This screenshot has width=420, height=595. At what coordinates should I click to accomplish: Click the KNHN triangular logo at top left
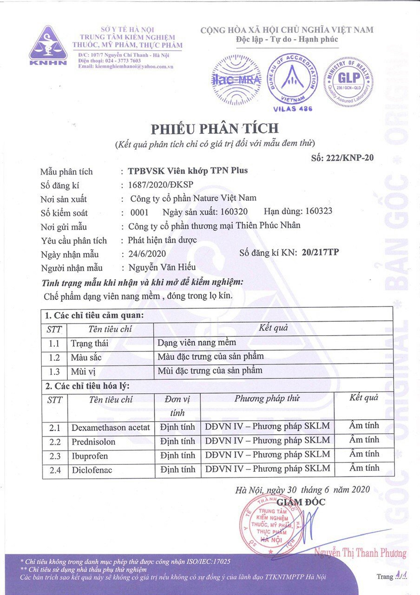click(48, 45)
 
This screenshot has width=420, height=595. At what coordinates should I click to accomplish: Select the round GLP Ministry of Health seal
click(349, 82)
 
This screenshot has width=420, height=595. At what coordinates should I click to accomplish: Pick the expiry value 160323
click(319, 212)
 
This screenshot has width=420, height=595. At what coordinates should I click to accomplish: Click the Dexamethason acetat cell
click(111, 427)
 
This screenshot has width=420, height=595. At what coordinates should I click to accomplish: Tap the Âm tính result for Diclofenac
click(364, 468)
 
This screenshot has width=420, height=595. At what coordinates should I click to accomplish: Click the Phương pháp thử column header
click(267, 398)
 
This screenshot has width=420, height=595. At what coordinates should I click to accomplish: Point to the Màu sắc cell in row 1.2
click(86, 357)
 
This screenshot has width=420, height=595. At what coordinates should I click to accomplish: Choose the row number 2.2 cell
click(55, 442)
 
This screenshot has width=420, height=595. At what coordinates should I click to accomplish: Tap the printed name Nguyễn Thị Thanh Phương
click(360, 553)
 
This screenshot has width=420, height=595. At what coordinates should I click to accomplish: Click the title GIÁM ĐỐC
click(301, 502)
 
